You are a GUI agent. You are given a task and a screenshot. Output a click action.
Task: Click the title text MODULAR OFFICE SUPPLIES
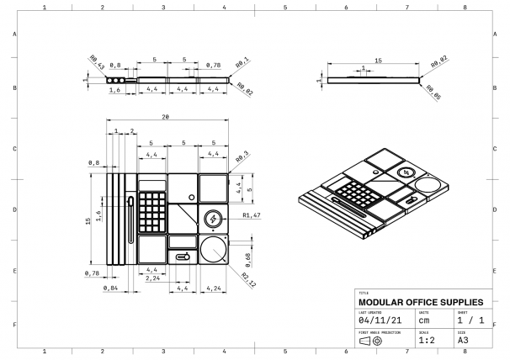pyautogui.click(x=421, y=301)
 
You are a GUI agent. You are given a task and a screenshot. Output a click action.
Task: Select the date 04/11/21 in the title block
pyautogui.click(x=377, y=320)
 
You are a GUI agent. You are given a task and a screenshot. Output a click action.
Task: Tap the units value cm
pyautogui.click(x=424, y=320)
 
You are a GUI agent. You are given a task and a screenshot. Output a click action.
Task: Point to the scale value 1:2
pyautogui.click(x=427, y=340)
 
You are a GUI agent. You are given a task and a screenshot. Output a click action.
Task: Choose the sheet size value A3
pyautogui.click(x=463, y=340)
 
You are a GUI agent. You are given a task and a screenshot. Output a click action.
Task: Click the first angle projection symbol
pyautogui.click(x=369, y=341)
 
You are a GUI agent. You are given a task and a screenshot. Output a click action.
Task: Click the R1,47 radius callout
pyautogui.click(x=249, y=216)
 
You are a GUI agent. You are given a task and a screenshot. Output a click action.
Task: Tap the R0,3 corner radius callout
pyautogui.click(x=242, y=156)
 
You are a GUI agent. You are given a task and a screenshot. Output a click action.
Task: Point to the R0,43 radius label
pyautogui.click(x=96, y=62)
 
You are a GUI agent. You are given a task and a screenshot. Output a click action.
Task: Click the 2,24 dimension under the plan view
pyautogui.click(x=152, y=278)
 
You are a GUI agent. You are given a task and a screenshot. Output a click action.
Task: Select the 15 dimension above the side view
pyautogui.click(x=379, y=61)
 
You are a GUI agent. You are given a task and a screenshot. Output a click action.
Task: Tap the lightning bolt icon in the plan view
pyautogui.click(x=213, y=220)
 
